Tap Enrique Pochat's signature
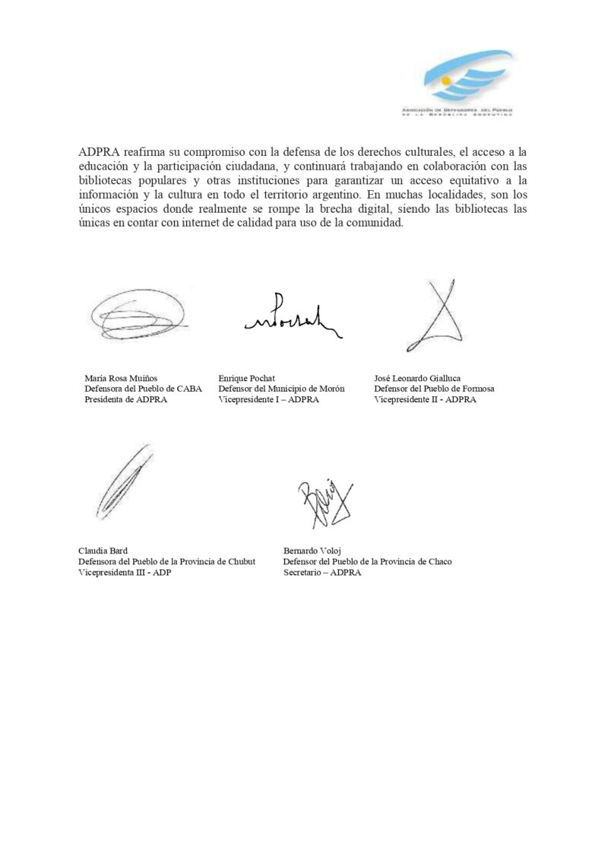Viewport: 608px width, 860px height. (x=291, y=318)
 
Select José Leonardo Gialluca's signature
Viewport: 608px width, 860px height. (x=439, y=313)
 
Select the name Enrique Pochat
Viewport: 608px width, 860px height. (x=241, y=377)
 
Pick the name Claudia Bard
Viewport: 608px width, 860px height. (x=103, y=551)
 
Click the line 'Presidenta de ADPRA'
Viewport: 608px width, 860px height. (x=125, y=399)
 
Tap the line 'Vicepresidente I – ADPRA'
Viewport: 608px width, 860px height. (x=268, y=399)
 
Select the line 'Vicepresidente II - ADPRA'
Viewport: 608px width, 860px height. (x=426, y=399)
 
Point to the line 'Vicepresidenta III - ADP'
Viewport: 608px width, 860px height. (x=125, y=573)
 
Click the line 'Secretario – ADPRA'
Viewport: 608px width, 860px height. (x=322, y=573)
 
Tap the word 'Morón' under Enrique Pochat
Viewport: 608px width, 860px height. (x=330, y=389)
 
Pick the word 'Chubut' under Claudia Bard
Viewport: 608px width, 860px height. (x=239, y=562)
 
